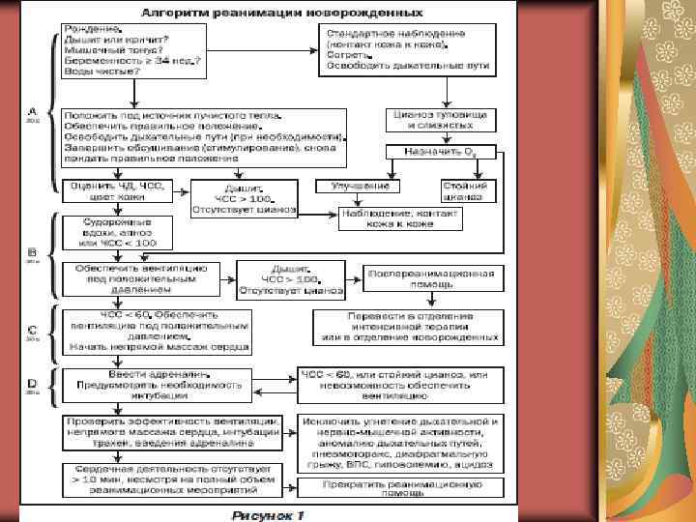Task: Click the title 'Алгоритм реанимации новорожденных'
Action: [x=281, y=14]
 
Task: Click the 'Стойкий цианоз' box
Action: [x=464, y=190]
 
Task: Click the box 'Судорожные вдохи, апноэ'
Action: [x=116, y=232]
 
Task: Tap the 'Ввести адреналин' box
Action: [x=155, y=385]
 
